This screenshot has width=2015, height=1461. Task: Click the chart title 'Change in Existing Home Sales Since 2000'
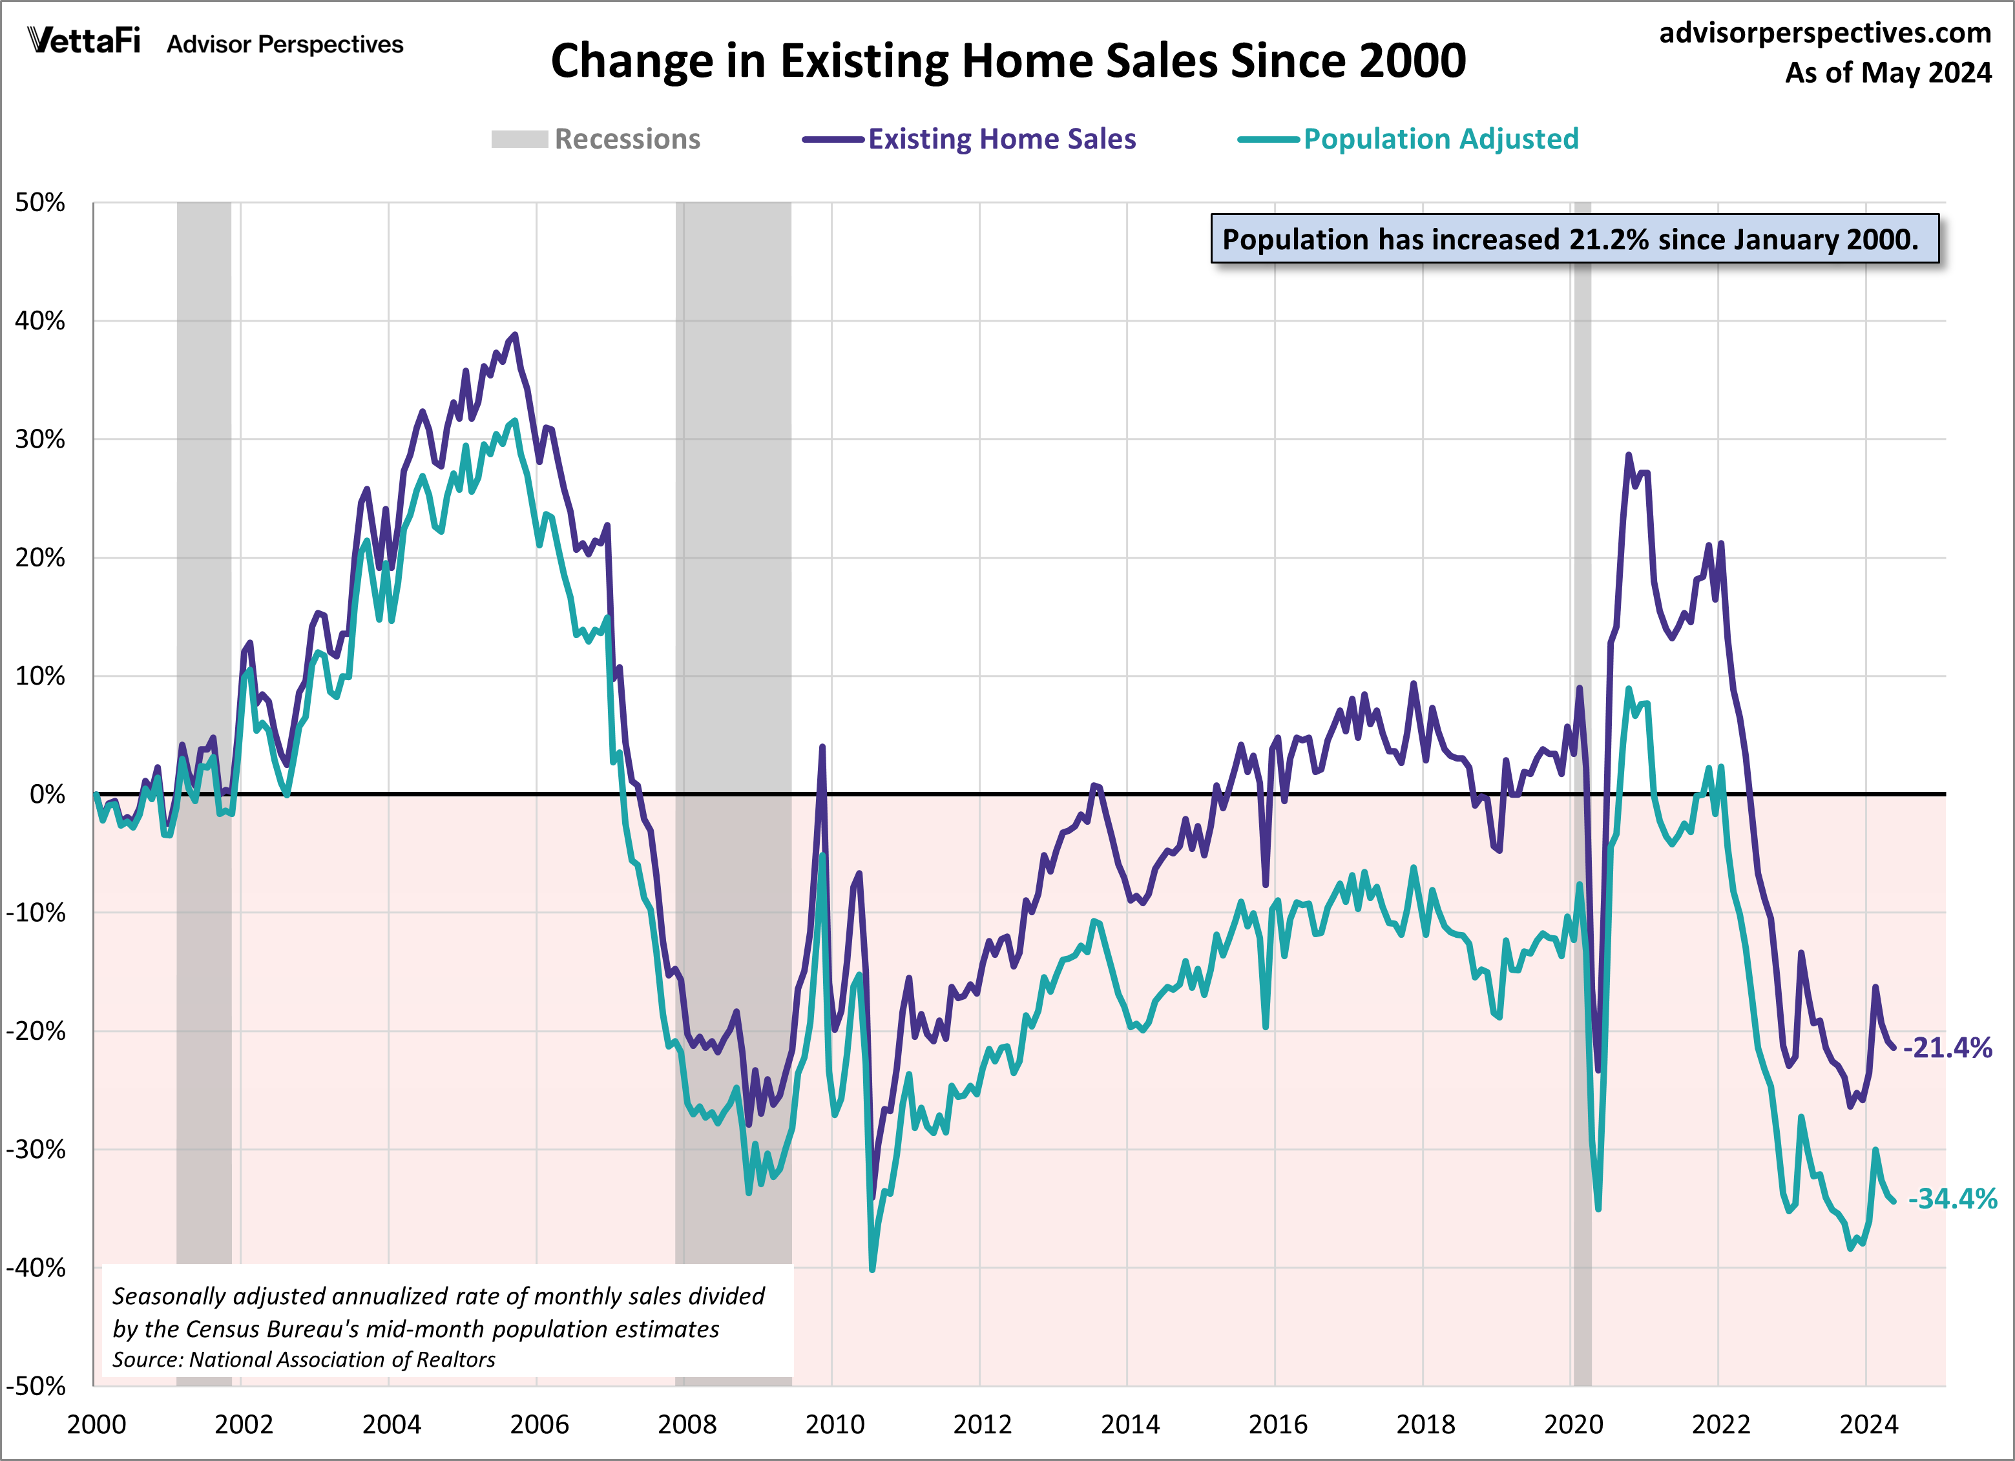tap(1008, 61)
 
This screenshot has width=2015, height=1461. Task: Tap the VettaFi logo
tap(85, 41)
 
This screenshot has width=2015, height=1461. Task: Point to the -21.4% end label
tap(1947, 1048)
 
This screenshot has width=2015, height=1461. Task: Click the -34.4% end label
tap(1952, 1198)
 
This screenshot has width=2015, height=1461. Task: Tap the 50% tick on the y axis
tap(40, 203)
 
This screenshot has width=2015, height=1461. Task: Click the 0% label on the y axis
tap(47, 794)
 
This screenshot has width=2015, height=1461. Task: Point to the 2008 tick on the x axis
tap(687, 1425)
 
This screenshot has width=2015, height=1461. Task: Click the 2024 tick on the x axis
tap(1868, 1425)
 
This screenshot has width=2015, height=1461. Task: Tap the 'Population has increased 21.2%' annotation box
tap(1574, 239)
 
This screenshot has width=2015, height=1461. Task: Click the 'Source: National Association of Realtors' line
tap(304, 1360)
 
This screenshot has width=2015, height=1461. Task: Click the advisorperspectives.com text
tap(1825, 33)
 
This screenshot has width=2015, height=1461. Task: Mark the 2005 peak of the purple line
tap(514, 335)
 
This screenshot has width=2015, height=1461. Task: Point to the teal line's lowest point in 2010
tap(872, 1269)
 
